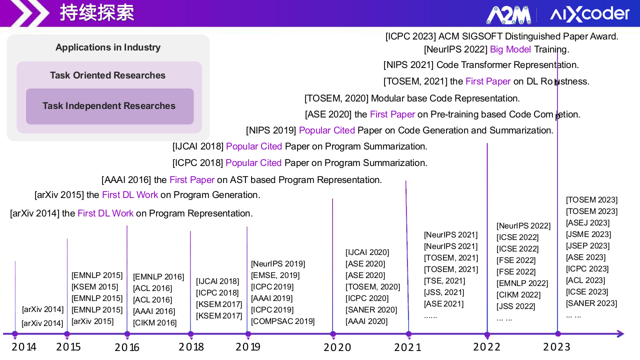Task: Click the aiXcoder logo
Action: tap(589, 14)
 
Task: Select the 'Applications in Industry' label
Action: tap(108, 47)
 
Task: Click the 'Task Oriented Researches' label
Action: tap(107, 75)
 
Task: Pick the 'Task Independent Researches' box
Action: tap(109, 106)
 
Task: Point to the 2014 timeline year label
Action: tap(24, 346)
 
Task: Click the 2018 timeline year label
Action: tap(191, 346)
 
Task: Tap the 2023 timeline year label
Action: tap(556, 346)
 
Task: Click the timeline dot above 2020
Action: tap(333, 334)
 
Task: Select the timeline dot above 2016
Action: tap(127, 334)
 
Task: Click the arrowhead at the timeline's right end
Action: tap(620, 334)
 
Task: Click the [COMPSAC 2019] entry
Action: tap(283, 321)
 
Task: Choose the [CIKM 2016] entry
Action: tap(155, 323)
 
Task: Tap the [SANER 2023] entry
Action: tap(591, 303)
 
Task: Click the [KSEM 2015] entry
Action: tap(95, 287)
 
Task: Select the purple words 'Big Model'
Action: tap(510, 49)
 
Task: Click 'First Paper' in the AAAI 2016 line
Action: tap(192, 180)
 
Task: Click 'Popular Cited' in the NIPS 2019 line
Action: tap(327, 130)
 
